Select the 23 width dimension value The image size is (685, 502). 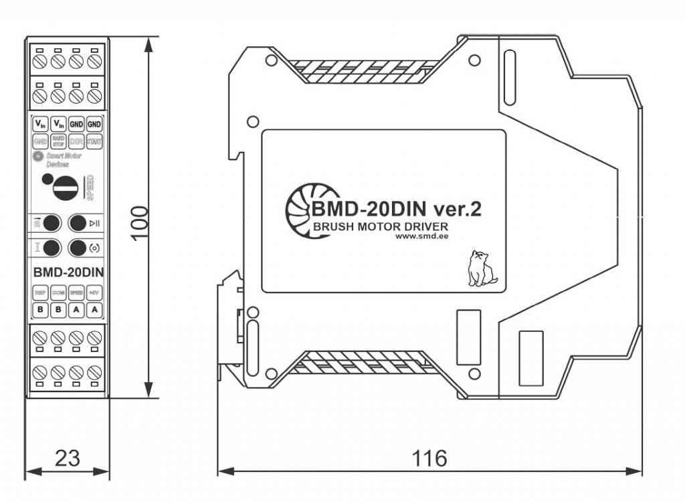(x=67, y=458)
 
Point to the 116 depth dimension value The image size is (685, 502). (x=429, y=458)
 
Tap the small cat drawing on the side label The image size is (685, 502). (x=480, y=269)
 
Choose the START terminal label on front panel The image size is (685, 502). (x=94, y=142)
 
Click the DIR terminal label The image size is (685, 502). (x=76, y=142)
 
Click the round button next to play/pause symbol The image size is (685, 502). (x=78, y=223)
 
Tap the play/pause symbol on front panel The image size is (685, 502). (x=95, y=224)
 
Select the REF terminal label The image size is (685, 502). (x=40, y=293)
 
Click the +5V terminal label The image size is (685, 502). (x=94, y=293)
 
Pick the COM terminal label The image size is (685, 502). (x=58, y=293)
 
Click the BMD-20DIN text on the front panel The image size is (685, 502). (x=67, y=273)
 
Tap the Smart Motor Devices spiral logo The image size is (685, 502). (x=37, y=157)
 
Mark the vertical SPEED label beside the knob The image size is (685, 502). (x=90, y=189)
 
